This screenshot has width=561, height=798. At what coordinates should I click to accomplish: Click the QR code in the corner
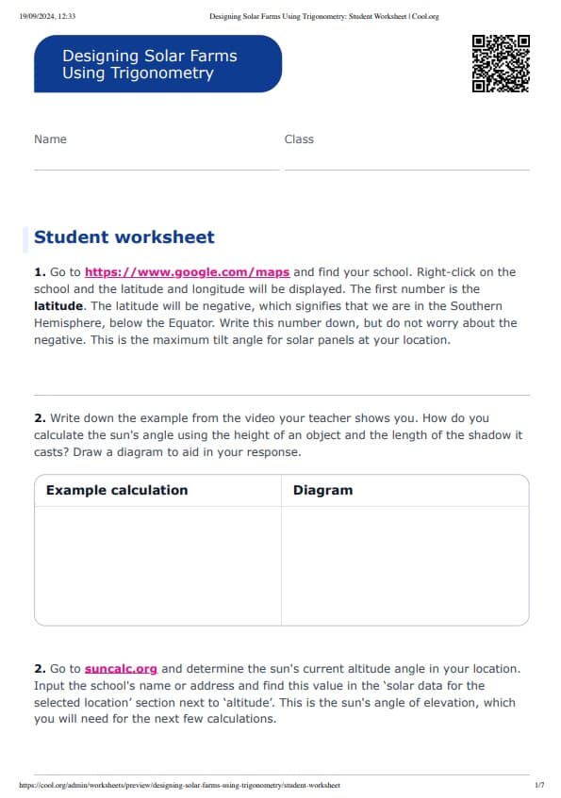coord(500,63)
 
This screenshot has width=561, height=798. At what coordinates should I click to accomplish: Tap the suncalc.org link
coord(121,669)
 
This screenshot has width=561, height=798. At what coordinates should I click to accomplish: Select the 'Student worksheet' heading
coord(124,237)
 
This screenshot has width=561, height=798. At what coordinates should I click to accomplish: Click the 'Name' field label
coord(50,139)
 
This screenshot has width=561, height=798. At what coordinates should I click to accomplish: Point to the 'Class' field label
coord(299,139)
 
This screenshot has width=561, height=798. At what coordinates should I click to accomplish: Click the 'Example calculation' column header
coord(117,490)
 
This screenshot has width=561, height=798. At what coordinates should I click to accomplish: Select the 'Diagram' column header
coord(322,490)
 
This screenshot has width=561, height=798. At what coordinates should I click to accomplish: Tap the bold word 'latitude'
coord(58,306)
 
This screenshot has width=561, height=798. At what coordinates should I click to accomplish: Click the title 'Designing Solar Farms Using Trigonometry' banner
coord(157,64)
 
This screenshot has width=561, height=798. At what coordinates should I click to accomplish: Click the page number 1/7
coord(538,785)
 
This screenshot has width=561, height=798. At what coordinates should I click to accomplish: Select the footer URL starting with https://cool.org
coord(179,785)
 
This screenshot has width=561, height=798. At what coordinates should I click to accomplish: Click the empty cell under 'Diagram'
coord(404,565)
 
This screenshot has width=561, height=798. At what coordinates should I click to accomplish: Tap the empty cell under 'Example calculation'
coord(157,565)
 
